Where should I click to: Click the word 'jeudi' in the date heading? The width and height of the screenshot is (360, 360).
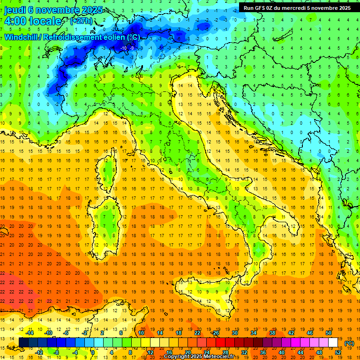[x=15, y=10]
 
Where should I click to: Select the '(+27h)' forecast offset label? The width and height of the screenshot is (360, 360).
[x=81, y=21]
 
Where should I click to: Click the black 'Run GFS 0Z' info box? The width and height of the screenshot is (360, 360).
[x=297, y=7]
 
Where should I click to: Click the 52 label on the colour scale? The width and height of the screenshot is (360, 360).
[x=338, y=352]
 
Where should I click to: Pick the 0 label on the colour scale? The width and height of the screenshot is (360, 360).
[x=93, y=352]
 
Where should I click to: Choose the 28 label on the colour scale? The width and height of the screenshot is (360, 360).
[x=225, y=352]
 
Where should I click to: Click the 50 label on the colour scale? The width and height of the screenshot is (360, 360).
[x=329, y=333]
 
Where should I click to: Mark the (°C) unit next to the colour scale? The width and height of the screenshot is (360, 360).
[x=349, y=343]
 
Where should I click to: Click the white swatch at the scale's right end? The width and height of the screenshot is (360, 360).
[x=333, y=343]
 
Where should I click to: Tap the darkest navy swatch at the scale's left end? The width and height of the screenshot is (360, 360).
[x=23, y=343]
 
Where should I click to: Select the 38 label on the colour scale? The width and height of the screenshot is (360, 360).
[x=272, y=333]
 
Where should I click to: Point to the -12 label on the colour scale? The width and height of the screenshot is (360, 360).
[x=39, y=352]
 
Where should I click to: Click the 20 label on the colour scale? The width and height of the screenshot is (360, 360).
[x=187, y=352]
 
